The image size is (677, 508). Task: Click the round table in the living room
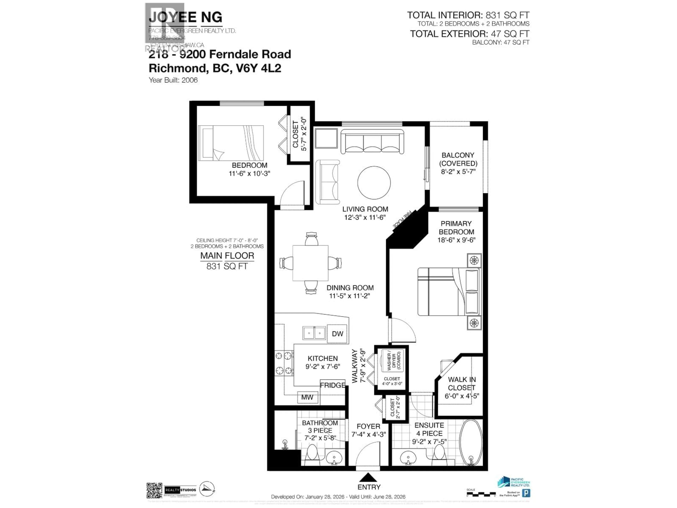click(x=374, y=183)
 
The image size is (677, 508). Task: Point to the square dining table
click(x=310, y=263)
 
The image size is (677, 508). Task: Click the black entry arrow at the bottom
click(x=368, y=477)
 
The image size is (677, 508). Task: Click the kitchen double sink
click(x=314, y=333)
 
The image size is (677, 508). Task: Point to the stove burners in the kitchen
click(x=284, y=364)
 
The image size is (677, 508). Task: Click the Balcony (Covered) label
click(x=458, y=163)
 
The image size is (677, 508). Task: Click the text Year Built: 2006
click(x=173, y=80)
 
